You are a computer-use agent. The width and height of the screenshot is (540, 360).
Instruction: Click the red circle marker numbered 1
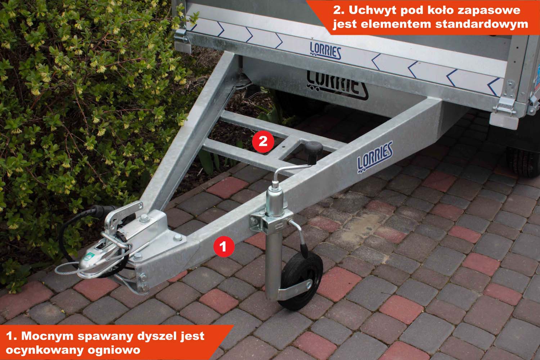224,247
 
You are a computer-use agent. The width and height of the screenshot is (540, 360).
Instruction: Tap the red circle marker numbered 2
263,141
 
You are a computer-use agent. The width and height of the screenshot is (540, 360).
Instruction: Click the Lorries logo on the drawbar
375,157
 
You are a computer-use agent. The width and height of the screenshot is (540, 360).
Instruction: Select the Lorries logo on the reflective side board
325,50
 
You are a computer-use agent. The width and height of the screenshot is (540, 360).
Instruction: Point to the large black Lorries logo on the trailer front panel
337,86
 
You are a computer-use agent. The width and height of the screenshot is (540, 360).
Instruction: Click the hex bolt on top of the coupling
144,219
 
